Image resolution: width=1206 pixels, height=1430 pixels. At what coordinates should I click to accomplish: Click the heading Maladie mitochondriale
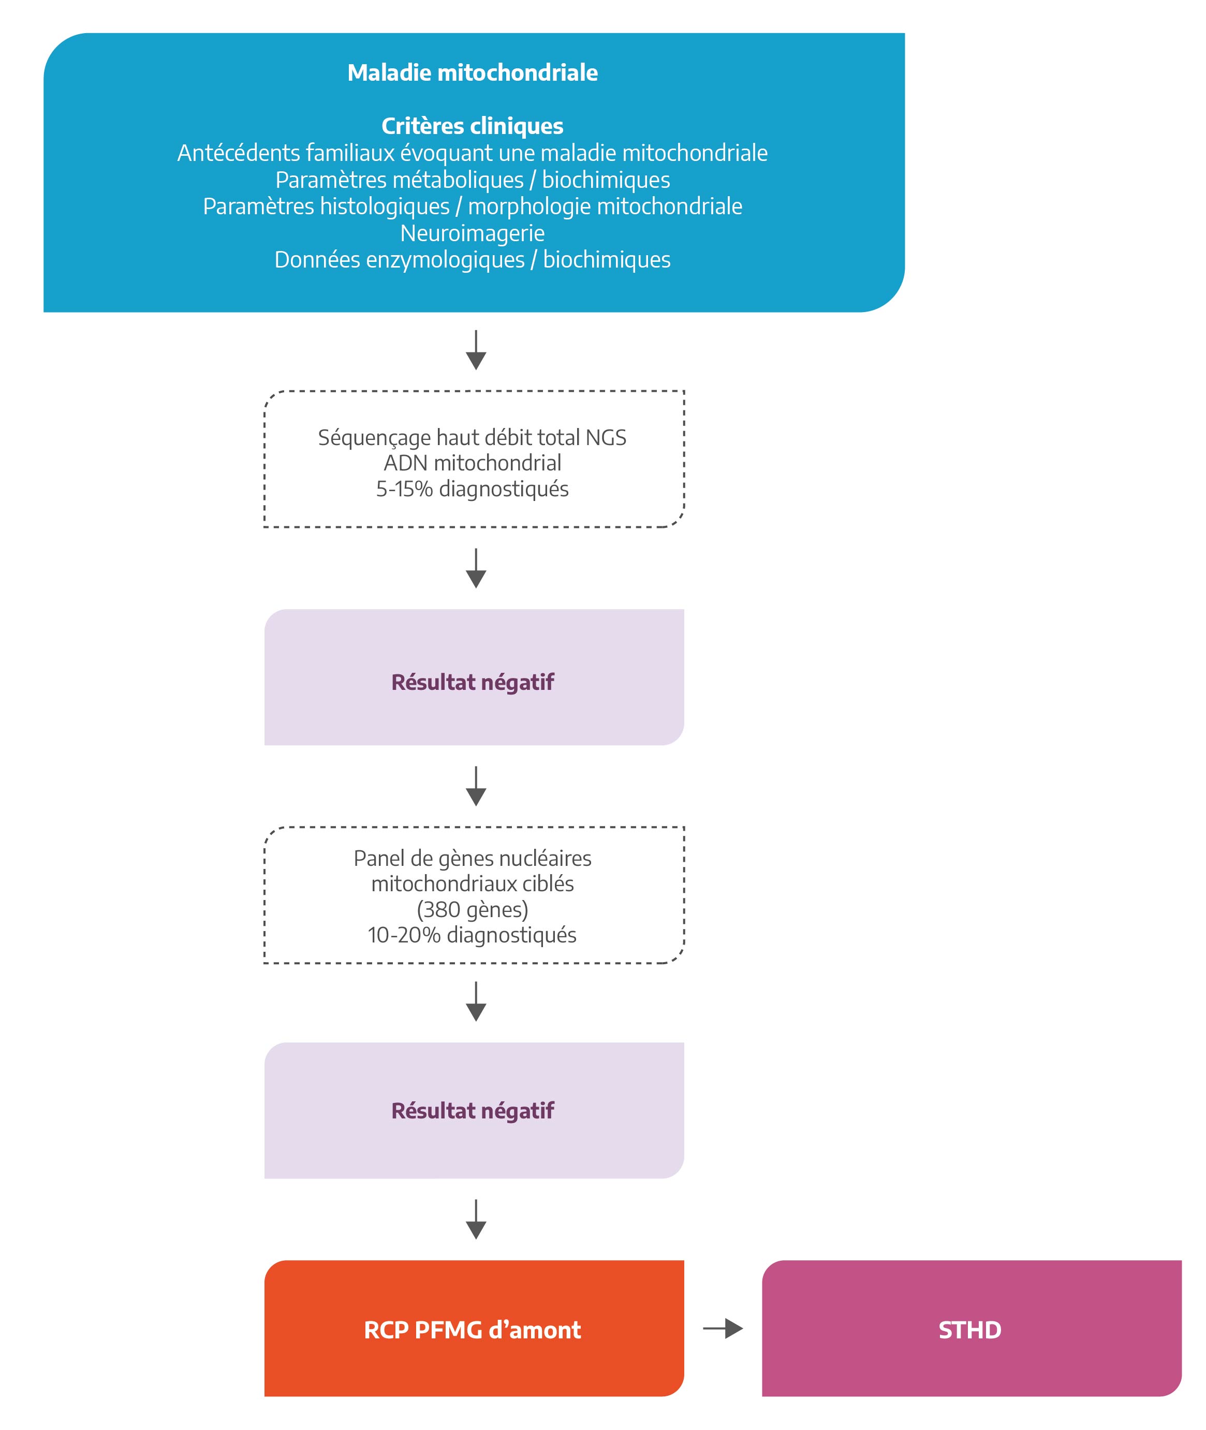click(473, 72)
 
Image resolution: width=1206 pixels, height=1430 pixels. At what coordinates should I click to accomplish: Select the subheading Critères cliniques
click(473, 126)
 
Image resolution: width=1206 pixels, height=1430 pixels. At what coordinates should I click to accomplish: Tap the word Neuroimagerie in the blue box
click(473, 233)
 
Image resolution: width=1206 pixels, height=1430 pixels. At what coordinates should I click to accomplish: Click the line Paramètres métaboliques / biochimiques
click(473, 180)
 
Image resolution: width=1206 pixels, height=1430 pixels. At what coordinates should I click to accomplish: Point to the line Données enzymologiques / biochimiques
click(473, 260)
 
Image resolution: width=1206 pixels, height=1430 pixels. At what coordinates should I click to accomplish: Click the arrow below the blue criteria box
click(476, 350)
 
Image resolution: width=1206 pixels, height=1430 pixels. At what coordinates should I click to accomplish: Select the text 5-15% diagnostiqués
click(473, 489)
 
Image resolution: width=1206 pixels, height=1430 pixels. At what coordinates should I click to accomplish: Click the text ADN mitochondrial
click(473, 463)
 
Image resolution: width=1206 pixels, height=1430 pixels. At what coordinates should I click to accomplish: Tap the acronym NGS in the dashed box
click(606, 437)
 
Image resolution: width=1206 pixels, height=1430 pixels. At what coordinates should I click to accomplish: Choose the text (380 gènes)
click(473, 909)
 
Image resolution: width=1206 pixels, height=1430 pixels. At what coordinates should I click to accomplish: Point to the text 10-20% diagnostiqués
click(473, 934)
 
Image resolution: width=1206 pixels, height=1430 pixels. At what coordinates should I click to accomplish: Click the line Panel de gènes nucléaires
click(473, 858)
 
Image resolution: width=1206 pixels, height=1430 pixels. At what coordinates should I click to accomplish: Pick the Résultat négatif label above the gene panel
click(473, 683)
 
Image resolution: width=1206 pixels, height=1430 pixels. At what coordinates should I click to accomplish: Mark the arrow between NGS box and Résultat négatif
click(476, 568)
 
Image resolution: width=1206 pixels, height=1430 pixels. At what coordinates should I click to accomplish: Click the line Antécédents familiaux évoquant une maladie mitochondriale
click(473, 153)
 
